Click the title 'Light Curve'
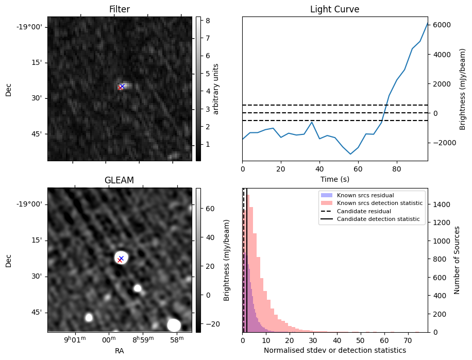point(334,9)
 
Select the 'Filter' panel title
point(120,9)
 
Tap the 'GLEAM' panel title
point(120,180)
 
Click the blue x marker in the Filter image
point(122,86)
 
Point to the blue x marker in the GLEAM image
point(121,258)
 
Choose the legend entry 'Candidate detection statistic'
point(378,219)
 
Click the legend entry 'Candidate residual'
point(364,211)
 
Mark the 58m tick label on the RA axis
point(177,340)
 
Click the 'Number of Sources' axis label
point(457,260)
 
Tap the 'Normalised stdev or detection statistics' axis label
point(334,350)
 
